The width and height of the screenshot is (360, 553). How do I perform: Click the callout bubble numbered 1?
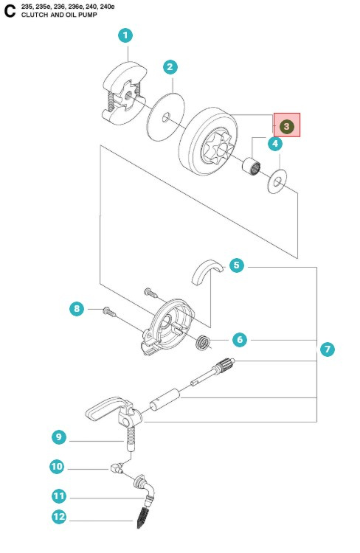coord(126,35)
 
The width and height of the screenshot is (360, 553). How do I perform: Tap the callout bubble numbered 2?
coord(170,67)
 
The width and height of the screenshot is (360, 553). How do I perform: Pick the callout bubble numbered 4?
coord(275,144)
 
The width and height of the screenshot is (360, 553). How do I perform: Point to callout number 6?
coord(239,340)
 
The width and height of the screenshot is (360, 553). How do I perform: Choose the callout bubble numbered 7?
coord(328,349)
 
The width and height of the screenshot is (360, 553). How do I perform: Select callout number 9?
coord(59,437)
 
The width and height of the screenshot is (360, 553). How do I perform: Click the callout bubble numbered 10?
coord(57,467)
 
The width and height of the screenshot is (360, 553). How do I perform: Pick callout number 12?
coord(59,518)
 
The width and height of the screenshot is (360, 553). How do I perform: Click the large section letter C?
coord(10,10)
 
